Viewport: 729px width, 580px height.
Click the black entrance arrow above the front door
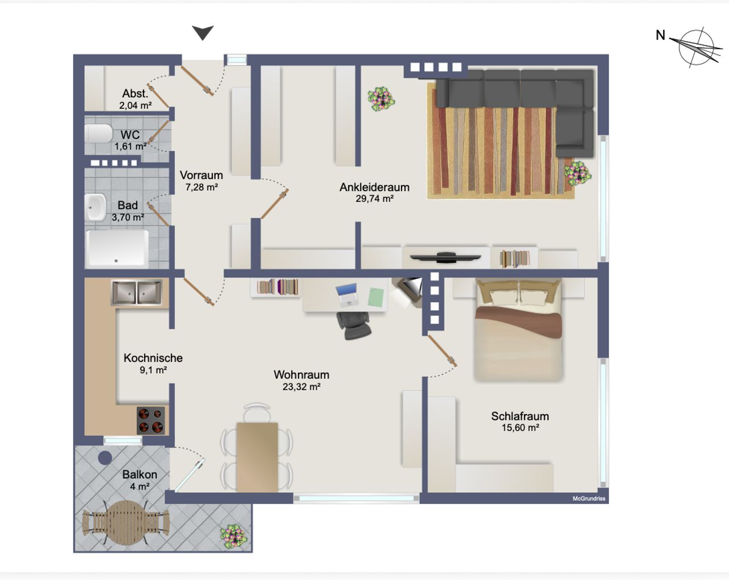[203, 33]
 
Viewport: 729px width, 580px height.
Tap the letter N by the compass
[660, 35]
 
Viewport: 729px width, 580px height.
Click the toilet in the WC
[99, 133]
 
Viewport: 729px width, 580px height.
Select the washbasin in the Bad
[95, 207]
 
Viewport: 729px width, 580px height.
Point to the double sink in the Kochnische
[137, 292]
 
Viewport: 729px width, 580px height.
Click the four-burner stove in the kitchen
[151, 420]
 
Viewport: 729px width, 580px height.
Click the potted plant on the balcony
[234, 537]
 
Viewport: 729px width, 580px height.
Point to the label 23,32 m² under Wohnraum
[301, 387]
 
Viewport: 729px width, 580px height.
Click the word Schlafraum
[520, 416]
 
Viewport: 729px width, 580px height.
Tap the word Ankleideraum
[374, 187]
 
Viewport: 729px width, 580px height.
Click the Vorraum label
[201, 175]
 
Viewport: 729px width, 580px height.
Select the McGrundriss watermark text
[589, 498]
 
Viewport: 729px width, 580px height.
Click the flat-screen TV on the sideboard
[445, 257]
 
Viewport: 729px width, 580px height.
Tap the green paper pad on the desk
[376, 298]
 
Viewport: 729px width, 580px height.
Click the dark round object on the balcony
[105, 458]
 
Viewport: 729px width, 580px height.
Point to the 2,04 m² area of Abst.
[135, 106]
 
